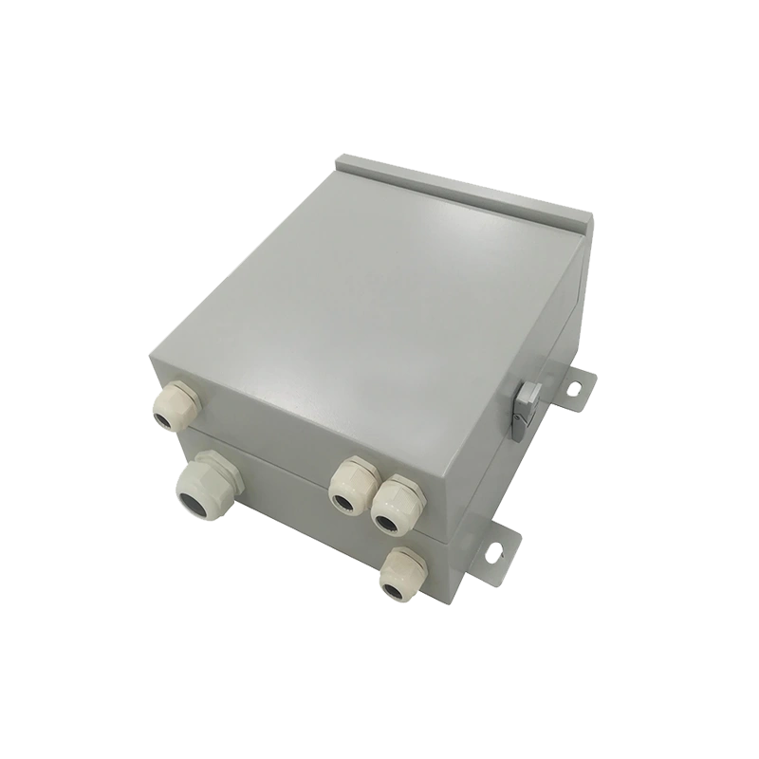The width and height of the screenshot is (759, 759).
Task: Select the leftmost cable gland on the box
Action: (176, 402)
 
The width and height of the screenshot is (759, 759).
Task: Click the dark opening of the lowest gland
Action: (392, 588)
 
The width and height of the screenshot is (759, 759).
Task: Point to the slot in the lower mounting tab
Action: (494, 549)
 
